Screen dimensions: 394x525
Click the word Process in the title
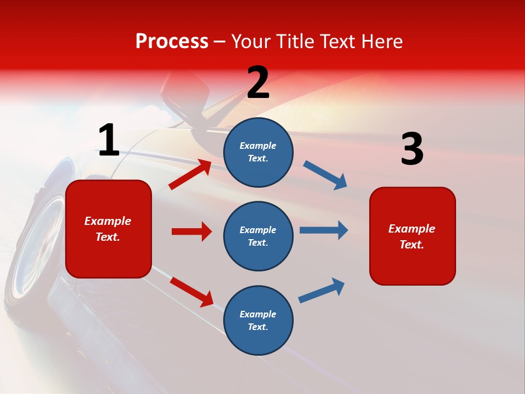pos(172,42)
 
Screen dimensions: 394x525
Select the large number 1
pos(109,141)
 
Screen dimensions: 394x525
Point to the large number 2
pos(258,83)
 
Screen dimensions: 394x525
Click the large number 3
pos(412,150)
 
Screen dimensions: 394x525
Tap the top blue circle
pos(258,152)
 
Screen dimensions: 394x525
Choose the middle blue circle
pos(258,236)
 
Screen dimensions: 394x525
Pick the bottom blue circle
pos(258,320)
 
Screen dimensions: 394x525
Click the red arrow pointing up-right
pos(190,175)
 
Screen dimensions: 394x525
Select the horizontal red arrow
pos(191,231)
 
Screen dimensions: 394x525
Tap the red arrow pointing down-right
pos(191,292)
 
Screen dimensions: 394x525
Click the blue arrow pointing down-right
pos(325,175)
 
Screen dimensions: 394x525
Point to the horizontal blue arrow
pos(324,230)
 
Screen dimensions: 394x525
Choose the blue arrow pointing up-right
pos(322,290)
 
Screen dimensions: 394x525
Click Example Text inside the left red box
pos(108,229)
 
